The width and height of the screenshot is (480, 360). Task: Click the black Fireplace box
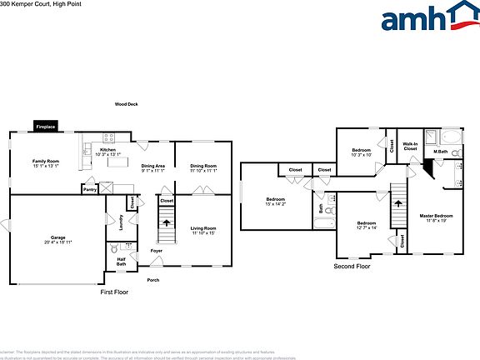[46, 126]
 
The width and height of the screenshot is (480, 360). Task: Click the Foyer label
[156, 250]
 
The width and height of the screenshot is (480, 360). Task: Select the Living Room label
[202, 230]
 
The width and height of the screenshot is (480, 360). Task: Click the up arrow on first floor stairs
[167, 222]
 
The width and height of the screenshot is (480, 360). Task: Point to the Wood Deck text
[127, 104]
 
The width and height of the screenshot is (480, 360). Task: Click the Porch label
[152, 280]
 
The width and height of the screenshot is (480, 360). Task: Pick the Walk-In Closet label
[410, 147]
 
